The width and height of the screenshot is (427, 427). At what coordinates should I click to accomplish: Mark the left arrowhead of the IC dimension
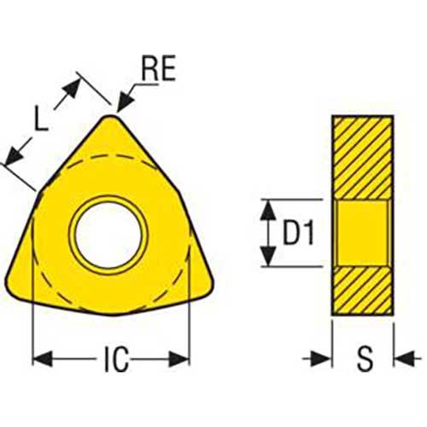(38, 358)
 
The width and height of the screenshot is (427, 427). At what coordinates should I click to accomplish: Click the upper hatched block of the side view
(362, 157)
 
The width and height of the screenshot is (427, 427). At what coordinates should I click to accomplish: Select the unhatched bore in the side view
(362, 232)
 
